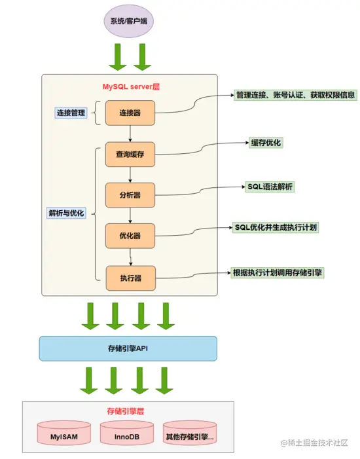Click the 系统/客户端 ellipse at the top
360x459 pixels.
coord(128,21)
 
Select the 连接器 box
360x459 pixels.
coord(130,113)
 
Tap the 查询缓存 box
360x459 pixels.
coord(130,155)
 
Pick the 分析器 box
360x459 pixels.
coord(130,195)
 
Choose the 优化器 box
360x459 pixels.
coord(130,236)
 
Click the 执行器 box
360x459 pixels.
coord(130,278)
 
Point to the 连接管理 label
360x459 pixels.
coord(70,113)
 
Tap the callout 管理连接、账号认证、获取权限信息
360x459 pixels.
coord(295,95)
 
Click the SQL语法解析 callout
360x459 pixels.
coord(270,187)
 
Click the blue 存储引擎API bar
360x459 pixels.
coord(128,348)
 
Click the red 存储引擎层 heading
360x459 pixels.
coord(125,411)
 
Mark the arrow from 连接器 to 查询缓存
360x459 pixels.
coord(130,134)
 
